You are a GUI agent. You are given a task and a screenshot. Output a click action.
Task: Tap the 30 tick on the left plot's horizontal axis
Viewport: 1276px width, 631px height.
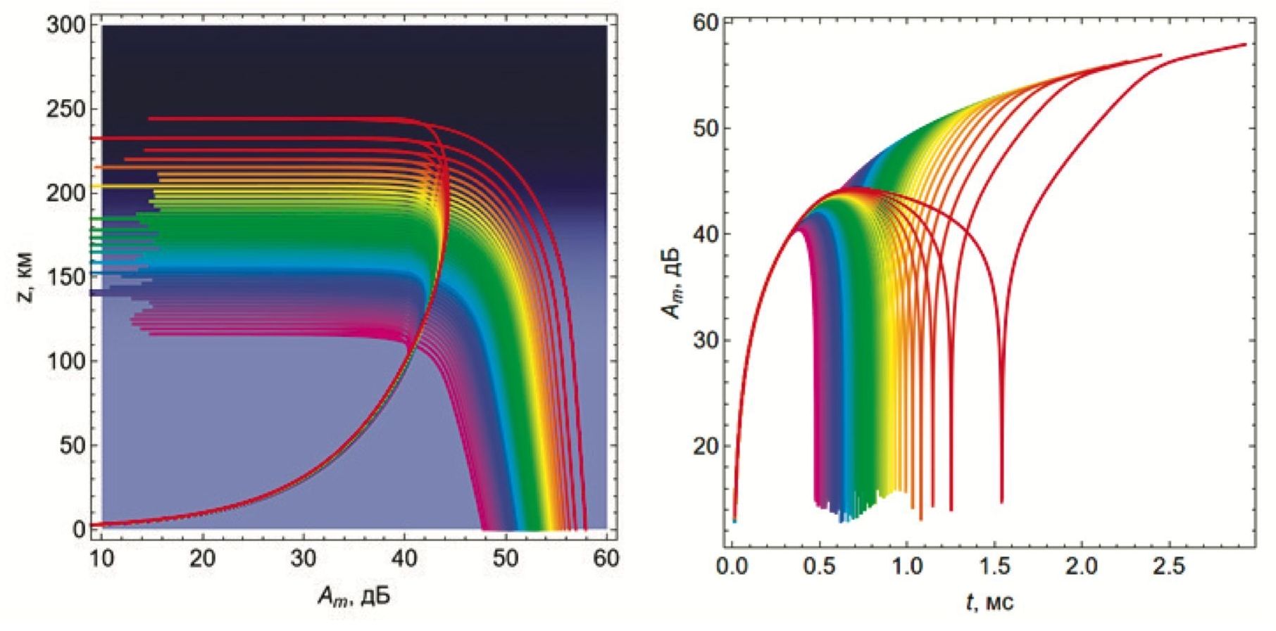[x=304, y=559]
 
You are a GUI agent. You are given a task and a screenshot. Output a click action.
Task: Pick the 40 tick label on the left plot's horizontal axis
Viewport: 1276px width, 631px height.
[x=404, y=559]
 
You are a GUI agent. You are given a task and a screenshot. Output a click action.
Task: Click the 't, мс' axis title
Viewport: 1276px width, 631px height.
[x=989, y=601]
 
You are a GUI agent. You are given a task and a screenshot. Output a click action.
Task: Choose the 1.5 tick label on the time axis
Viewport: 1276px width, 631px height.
[x=994, y=566]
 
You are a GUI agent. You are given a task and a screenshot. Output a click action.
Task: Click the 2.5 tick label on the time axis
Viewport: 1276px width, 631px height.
[x=1169, y=566]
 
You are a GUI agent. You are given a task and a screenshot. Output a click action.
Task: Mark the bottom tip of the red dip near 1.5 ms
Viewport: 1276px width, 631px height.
[x=1001, y=502]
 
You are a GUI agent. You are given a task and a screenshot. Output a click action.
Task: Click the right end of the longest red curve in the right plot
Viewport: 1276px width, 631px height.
[x=1246, y=44]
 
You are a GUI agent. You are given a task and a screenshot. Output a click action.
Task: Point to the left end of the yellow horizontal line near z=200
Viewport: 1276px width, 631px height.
[x=92, y=186]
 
